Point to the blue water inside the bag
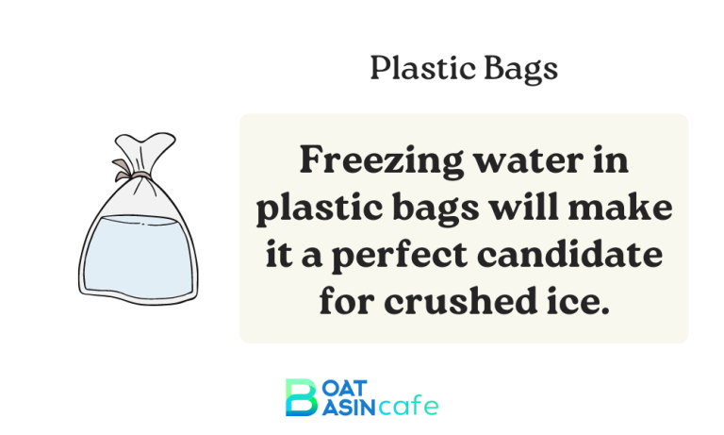point(140,250)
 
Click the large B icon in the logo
point(300,397)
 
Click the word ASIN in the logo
point(346,408)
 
